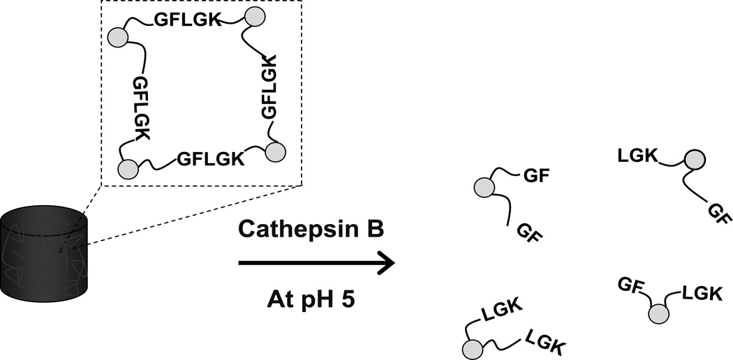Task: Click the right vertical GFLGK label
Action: [268, 87]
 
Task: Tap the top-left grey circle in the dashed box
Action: [117, 36]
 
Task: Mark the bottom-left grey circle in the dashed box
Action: [128, 169]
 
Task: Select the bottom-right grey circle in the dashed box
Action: [276, 151]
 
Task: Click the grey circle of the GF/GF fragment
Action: [483, 187]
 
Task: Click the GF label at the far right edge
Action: [719, 213]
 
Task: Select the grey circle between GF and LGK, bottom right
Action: [657, 315]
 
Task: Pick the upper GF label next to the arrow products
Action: [536, 176]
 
